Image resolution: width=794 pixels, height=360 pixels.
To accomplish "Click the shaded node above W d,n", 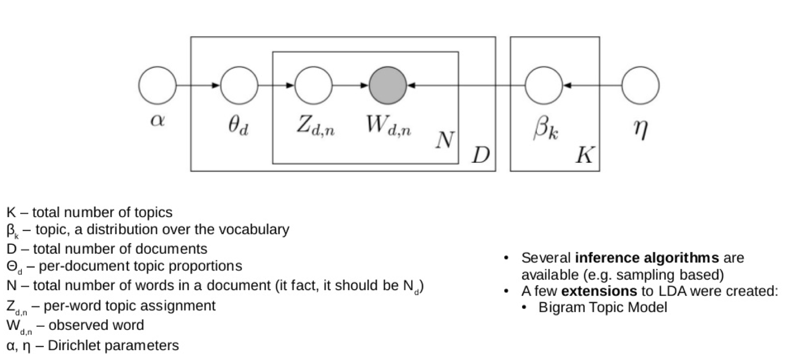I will [388, 86].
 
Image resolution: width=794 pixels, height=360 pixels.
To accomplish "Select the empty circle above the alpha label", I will [157, 86].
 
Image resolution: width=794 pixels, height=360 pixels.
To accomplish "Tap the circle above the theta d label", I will [239, 86].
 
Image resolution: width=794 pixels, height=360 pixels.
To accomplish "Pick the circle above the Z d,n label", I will [313, 86].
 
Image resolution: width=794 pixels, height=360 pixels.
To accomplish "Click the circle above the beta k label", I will [543, 86].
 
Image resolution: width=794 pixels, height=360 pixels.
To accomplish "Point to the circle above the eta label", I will [640, 86].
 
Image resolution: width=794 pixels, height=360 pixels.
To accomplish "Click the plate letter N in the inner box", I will [444, 140].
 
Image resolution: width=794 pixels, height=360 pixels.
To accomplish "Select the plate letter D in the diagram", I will [481, 155].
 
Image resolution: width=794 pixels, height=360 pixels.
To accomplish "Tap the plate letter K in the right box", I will [584, 155].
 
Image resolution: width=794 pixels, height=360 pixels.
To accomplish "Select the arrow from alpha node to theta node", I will [198, 86].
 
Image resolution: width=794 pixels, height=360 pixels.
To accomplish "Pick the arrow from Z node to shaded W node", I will [351, 86].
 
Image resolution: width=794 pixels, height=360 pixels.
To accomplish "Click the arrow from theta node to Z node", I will [276, 86].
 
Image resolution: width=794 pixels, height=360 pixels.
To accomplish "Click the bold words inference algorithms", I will [647, 258].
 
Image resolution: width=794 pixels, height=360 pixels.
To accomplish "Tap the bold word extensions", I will [599, 291].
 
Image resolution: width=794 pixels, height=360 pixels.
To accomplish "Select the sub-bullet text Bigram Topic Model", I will [603, 308].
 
